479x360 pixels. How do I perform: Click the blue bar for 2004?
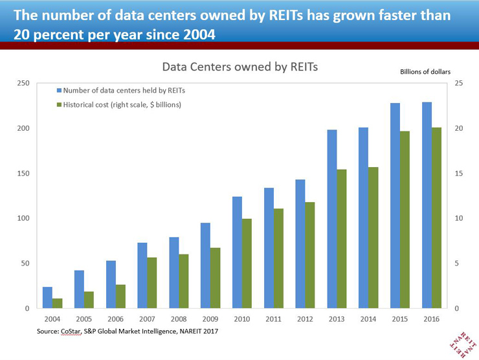47,297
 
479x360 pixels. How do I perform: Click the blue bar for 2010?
237,253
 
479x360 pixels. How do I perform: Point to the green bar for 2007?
151,282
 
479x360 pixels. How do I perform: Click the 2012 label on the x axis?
304,320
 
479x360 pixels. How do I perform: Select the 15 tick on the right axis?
458,174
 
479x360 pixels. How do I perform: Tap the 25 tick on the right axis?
458,84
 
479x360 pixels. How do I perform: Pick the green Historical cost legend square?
60,105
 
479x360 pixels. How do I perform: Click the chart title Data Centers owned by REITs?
240,67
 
